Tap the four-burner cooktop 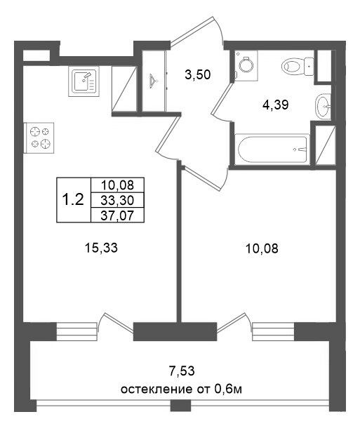[x=39, y=138]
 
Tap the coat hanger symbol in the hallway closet [x=154, y=81]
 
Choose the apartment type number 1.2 [x=72, y=199]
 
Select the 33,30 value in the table [x=116, y=199]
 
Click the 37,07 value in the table [x=116, y=213]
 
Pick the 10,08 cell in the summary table [x=116, y=185]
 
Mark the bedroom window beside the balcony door [x=272, y=331]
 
